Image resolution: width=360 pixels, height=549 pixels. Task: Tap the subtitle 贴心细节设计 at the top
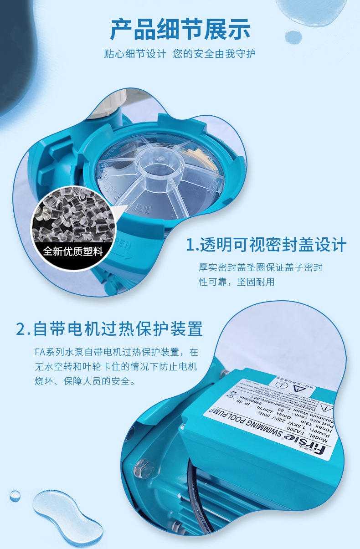pyautogui.click(x=135, y=54)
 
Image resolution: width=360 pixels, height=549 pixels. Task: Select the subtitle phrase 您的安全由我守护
pyautogui.click(x=215, y=54)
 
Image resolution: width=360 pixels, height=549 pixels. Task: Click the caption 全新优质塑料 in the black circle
pyautogui.click(x=73, y=251)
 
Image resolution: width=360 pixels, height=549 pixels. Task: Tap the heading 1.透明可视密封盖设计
pyautogui.click(x=267, y=245)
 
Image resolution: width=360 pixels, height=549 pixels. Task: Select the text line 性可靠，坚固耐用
pyautogui.click(x=237, y=282)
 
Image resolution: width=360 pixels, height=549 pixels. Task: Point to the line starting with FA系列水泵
pyautogui.click(x=116, y=352)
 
